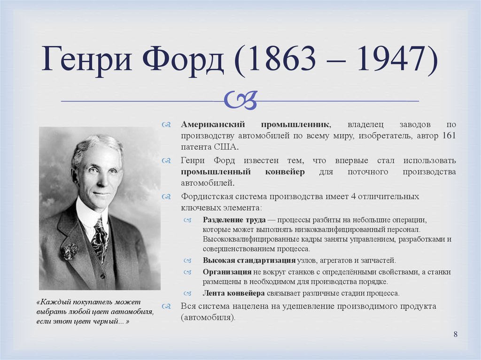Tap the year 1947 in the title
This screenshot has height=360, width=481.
point(391,59)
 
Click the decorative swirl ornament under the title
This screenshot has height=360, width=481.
point(240,100)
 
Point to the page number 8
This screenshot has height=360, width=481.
point(456,334)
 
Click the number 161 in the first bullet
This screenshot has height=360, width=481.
point(449,136)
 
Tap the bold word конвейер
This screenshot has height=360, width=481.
point(285,172)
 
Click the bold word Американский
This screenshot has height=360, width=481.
point(213,124)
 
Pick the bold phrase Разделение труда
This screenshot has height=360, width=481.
point(234,220)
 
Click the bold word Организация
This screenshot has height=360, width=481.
point(227,272)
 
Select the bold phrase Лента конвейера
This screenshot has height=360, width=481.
point(234,293)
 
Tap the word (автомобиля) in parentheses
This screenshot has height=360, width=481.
point(208,317)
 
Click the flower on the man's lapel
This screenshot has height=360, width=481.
point(70,251)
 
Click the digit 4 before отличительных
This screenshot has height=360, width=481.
point(353,197)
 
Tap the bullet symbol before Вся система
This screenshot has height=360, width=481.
point(166,306)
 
